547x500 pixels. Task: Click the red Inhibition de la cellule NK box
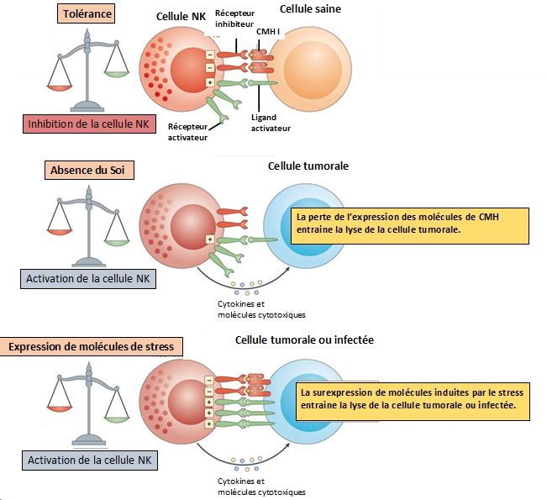point(88,124)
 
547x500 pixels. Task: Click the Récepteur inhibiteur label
point(237,18)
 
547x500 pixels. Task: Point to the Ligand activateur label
point(270,124)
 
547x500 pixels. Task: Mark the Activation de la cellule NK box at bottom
point(88,461)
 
